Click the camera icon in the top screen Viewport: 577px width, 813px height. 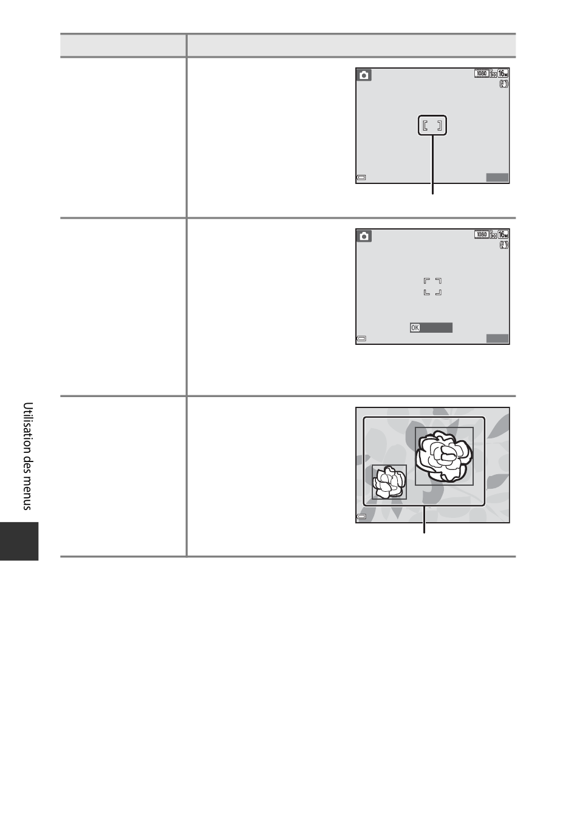364,75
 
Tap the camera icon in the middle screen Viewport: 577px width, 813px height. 364,236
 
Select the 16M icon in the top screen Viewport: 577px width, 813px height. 503,73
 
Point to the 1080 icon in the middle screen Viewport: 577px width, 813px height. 482,234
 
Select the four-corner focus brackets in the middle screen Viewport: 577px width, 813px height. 432,287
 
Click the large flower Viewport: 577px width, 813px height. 444,456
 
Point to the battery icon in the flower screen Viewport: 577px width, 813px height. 361,517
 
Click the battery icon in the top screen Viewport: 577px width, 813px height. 361,177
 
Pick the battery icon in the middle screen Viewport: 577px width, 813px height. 361,339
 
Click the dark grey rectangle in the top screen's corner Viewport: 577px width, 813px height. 497,177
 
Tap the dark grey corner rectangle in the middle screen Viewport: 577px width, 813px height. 497,339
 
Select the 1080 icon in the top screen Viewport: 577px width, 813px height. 482,73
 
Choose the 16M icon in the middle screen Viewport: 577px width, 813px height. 503,234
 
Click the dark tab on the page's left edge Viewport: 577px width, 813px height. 19,541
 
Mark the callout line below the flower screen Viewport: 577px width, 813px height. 424,520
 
